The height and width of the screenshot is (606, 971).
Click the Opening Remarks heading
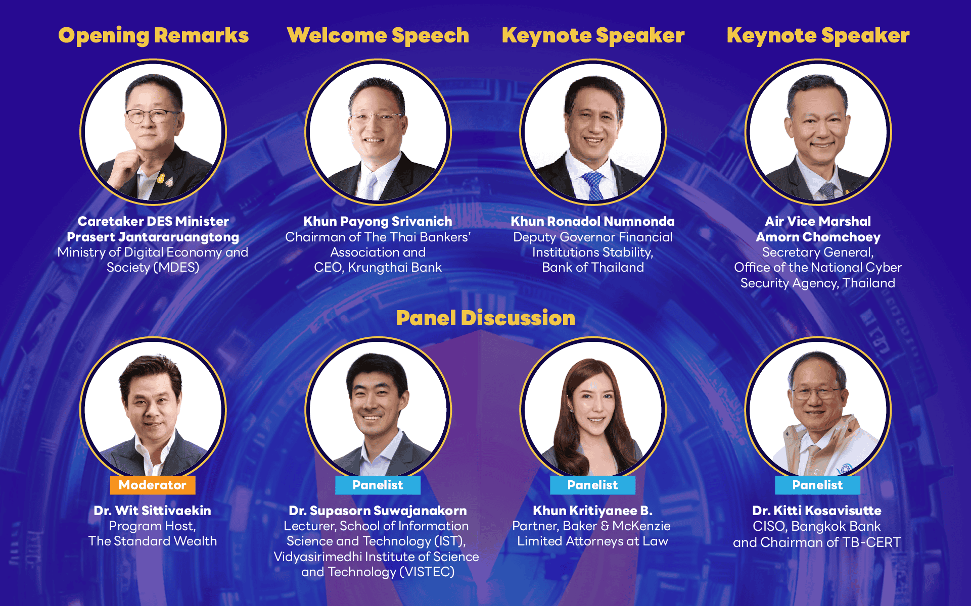(153, 35)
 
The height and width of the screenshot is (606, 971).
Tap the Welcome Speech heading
(378, 35)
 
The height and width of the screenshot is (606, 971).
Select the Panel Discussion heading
(485, 318)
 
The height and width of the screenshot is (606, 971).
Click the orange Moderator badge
(153, 485)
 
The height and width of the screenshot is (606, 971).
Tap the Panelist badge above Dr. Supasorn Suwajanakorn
(378, 485)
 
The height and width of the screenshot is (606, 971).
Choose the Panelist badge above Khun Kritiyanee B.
(593, 485)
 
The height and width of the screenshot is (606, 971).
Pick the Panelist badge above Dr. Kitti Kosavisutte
(818, 485)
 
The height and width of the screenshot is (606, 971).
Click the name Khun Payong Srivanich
(378, 221)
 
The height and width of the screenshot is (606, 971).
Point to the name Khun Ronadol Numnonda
(593, 221)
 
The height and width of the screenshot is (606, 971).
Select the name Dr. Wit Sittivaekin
(153, 511)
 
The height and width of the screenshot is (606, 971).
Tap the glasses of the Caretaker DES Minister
(152, 116)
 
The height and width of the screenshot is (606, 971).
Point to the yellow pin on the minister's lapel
(161, 178)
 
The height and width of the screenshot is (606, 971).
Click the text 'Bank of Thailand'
(593, 268)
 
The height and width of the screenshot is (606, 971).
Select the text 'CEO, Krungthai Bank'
(378, 268)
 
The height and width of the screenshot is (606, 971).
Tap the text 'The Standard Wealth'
(153, 541)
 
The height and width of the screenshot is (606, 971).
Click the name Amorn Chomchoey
(818, 237)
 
